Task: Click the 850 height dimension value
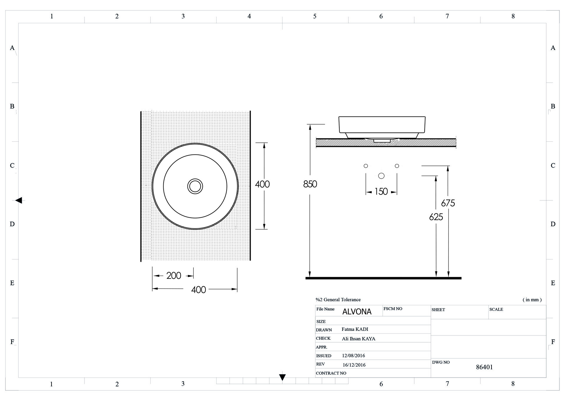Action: tap(310, 184)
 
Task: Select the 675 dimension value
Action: tap(448, 203)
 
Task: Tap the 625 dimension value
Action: tap(436, 217)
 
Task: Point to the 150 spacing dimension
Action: tap(381, 192)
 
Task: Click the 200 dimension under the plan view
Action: tap(174, 276)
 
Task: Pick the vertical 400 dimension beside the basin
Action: tap(262, 184)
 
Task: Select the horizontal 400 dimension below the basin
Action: tap(199, 290)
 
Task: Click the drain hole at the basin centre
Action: tap(195, 186)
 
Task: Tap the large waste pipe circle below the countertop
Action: tap(381, 176)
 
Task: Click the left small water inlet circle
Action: tap(366, 166)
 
